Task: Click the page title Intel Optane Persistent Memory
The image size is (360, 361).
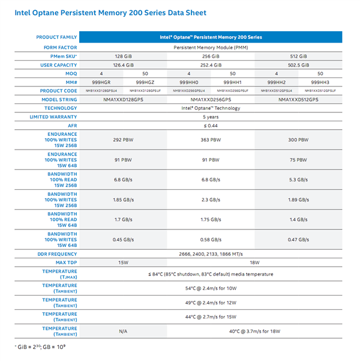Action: [106, 13]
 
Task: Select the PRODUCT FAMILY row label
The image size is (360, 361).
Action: [56, 37]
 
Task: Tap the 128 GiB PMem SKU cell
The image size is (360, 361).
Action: [123, 55]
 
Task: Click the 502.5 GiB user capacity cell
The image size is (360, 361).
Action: [298, 64]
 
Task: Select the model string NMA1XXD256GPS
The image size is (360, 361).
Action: [211, 99]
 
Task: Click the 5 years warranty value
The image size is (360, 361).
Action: [211, 117]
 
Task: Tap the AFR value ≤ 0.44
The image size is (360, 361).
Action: [211, 126]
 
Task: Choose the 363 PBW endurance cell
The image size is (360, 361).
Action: [211, 139]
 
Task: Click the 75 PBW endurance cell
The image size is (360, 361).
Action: [298, 160]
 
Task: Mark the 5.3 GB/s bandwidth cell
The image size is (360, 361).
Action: [298, 180]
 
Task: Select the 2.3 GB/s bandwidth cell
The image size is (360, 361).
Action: [211, 199]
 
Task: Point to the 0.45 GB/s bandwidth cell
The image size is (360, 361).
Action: [123, 240]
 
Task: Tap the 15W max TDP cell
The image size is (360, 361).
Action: [123, 263]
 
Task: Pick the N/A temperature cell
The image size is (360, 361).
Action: [123, 331]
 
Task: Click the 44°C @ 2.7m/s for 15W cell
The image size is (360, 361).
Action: [211, 316]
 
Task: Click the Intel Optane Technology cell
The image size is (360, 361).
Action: [211, 108]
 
